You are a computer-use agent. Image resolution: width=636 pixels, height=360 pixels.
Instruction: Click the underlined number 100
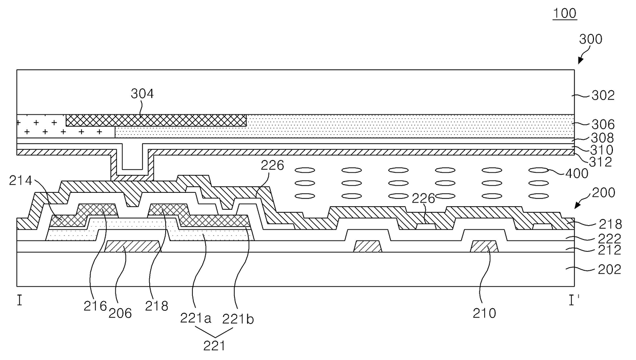pyautogui.click(x=565, y=13)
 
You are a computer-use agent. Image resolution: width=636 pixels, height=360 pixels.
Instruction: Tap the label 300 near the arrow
pyautogui.click(x=591, y=39)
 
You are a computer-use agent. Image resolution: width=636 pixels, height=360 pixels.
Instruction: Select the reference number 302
pyautogui.click(x=604, y=95)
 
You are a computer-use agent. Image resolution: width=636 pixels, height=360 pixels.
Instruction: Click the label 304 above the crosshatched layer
pyautogui.click(x=142, y=94)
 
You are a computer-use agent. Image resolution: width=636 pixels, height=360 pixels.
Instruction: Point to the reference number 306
pyautogui.click(x=604, y=125)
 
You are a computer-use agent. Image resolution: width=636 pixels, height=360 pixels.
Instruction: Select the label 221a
pyautogui.click(x=195, y=318)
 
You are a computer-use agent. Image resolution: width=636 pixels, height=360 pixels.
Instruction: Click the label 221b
pyautogui.click(x=238, y=318)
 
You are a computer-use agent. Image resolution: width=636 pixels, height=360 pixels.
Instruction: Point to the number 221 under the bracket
pyautogui.click(x=214, y=346)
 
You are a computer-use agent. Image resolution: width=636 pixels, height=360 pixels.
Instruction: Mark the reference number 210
pyautogui.click(x=484, y=312)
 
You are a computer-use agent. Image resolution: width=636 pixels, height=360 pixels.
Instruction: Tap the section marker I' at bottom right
pyautogui.click(x=574, y=301)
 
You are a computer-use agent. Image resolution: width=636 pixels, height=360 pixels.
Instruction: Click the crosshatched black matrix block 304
pyautogui.click(x=156, y=120)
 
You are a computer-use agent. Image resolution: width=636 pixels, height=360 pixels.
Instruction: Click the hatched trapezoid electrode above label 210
pyautogui.click(x=485, y=246)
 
